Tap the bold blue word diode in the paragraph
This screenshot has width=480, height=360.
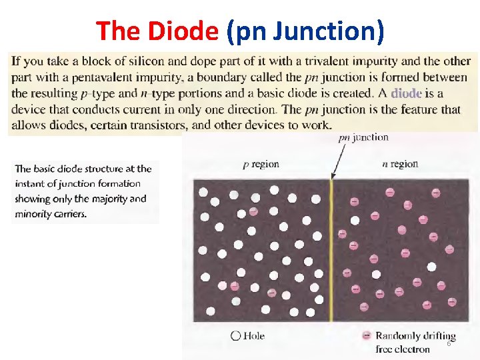(406, 94)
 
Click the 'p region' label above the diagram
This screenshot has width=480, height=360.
(261, 164)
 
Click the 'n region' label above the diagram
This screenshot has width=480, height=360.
(400, 164)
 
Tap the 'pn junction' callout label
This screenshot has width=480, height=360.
(363, 138)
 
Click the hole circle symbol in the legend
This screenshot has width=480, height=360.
(235, 336)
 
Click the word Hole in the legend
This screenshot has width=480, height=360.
(254, 336)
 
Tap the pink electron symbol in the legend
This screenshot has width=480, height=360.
(366, 336)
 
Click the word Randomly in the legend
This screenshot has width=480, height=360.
(396, 335)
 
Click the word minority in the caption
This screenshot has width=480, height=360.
(35, 214)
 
